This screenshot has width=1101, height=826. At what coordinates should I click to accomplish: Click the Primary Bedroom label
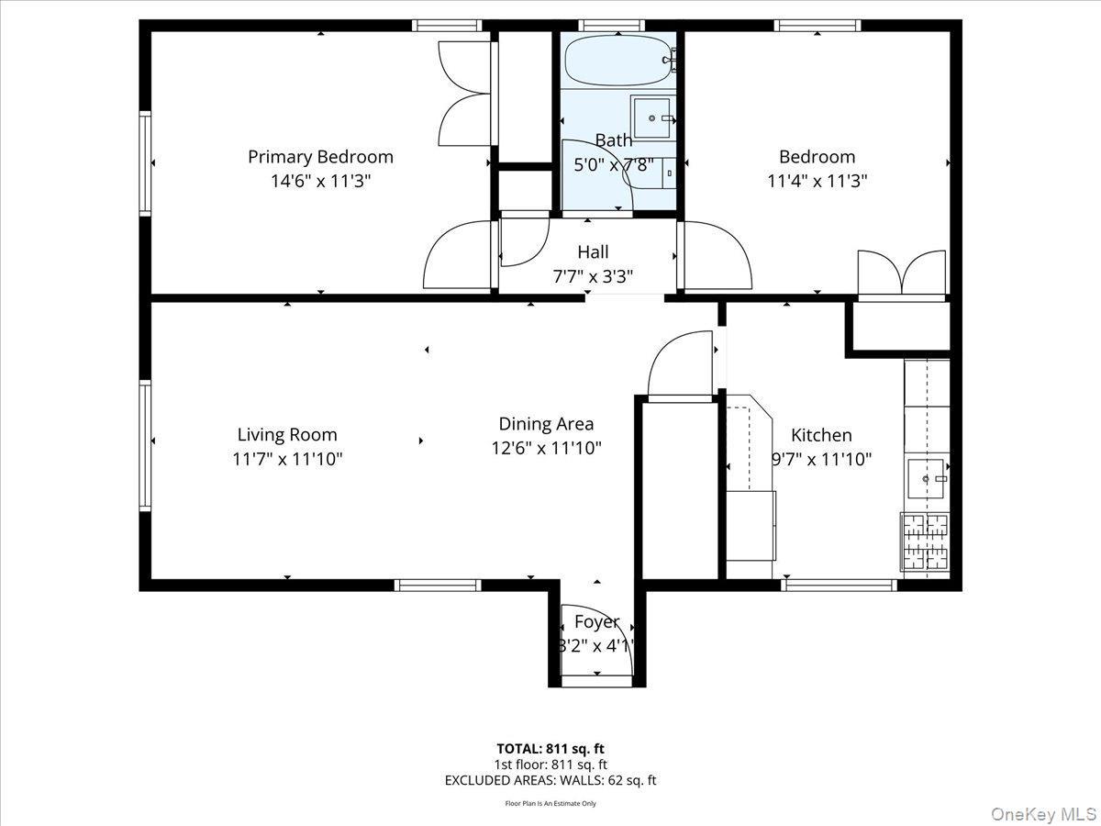click(320, 157)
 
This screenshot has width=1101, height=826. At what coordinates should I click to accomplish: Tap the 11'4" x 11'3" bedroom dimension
click(817, 181)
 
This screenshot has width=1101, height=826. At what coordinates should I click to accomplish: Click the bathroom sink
click(653, 117)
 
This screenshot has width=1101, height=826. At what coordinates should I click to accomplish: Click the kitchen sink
click(927, 478)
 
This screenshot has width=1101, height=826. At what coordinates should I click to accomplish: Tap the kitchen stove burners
click(924, 541)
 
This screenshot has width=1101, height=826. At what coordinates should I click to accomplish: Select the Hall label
click(593, 251)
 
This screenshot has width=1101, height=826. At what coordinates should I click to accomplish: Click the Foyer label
click(596, 622)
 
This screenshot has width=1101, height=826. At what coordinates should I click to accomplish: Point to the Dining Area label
click(546, 424)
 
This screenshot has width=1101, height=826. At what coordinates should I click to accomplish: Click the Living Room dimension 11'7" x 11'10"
click(287, 459)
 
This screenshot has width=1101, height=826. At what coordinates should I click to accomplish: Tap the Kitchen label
click(821, 435)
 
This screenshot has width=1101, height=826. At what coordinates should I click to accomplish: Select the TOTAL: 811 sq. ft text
click(550, 748)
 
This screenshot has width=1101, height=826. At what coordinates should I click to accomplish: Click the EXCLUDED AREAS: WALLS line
click(550, 780)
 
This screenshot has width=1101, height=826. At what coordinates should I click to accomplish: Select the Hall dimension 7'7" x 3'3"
click(593, 275)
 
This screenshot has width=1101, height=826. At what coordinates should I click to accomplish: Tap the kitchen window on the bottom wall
click(840, 584)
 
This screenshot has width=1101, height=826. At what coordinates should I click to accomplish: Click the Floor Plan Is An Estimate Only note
click(550, 803)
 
